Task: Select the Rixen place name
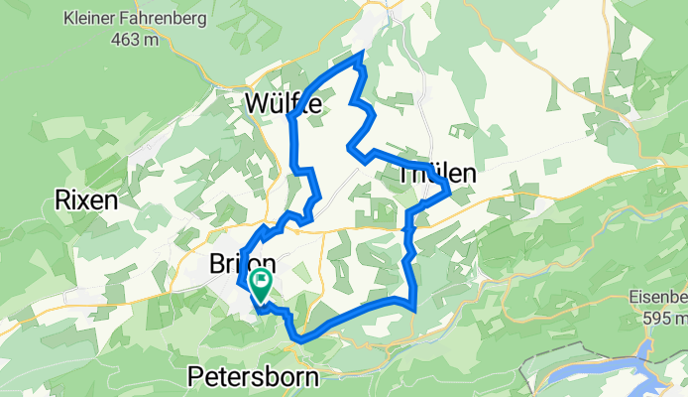point(87,200)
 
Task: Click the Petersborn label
point(254,378)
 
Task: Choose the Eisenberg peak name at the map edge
point(658,297)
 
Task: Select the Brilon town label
point(242,265)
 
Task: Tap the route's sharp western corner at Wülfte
point(290,118)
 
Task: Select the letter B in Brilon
point(219,265)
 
